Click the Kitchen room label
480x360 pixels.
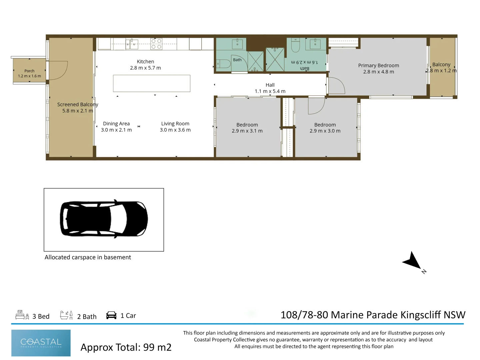coord(145,62)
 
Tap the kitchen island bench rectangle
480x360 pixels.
coord(152,83)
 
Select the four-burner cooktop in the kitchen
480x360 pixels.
coord(156,44)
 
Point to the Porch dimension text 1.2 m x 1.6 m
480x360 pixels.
coord(30,76)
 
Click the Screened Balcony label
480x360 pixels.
coord(78,104)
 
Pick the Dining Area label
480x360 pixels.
coord(116,123)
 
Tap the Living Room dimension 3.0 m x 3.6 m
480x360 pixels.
coord(175,130)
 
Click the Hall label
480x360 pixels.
coord(270,85)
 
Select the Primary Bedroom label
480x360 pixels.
coord(379,65)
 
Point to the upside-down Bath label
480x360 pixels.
coord(304,68)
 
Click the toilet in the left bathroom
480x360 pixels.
coord(223,64)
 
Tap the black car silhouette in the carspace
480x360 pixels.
coord(104,219)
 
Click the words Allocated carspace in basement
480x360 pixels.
coord(88,257)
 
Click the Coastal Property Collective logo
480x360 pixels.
coord(41,343)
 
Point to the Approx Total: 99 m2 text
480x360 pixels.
coord(126,347)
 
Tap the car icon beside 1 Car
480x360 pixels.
coord(111,315)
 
